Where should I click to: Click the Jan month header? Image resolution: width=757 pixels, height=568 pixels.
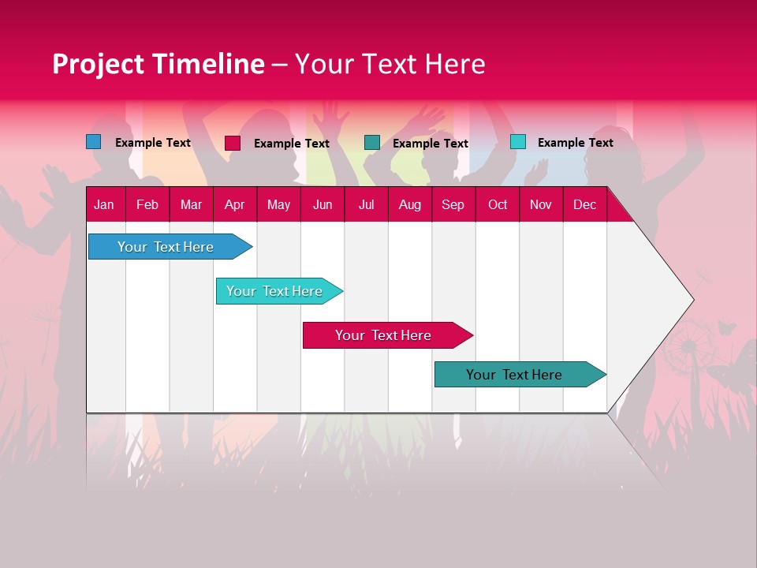104,204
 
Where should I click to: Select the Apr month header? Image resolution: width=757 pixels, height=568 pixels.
234,204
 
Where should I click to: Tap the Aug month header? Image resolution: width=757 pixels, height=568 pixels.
409,204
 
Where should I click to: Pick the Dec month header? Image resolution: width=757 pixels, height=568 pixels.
584,204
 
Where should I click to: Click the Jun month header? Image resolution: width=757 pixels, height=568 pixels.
322,204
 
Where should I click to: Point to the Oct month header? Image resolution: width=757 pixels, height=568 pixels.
497,204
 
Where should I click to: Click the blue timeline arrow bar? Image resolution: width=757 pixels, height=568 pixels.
166,247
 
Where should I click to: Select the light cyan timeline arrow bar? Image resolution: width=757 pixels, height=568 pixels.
274,291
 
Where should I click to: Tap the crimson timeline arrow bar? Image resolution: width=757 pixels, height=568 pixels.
383,335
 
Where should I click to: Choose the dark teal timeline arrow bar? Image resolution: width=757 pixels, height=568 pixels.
514,375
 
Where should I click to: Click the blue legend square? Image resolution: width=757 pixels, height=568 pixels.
94,142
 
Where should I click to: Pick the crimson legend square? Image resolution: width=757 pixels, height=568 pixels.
233,143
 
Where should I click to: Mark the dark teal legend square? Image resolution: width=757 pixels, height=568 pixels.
372,143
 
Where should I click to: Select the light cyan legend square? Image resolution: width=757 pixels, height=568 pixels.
517,142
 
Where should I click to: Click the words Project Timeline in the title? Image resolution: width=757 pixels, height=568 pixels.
158,64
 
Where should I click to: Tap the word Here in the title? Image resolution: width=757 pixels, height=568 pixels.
455,64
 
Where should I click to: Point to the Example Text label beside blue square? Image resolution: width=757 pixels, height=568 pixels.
152,143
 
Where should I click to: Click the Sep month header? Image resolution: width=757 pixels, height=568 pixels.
453,204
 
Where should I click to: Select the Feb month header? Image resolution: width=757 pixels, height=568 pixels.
147,204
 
